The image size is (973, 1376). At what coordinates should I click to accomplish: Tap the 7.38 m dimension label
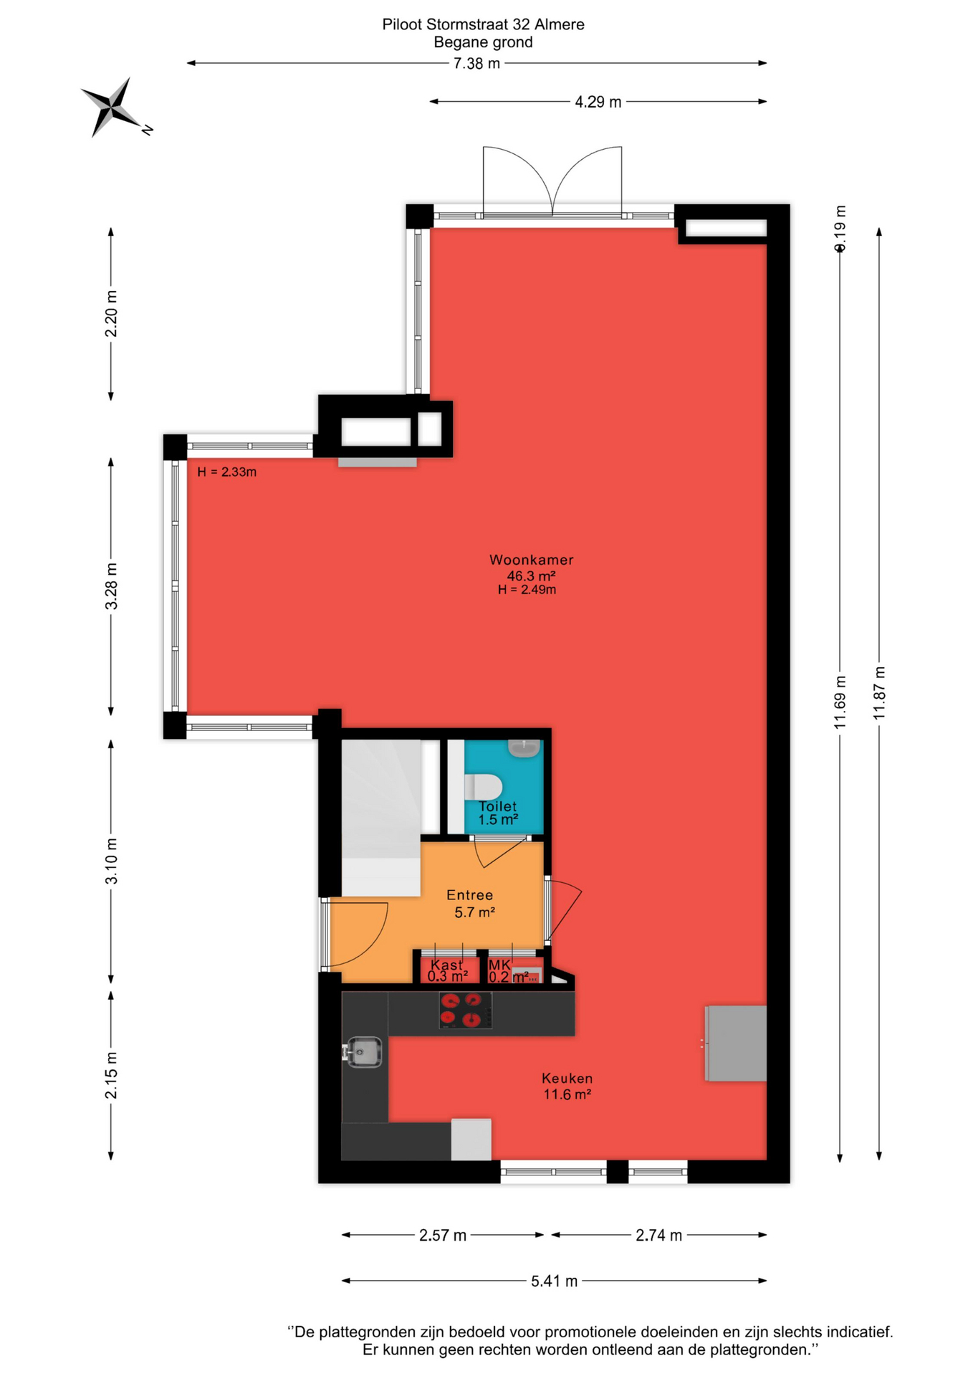point(476,64)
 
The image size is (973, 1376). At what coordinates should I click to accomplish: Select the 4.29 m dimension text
point(598,102)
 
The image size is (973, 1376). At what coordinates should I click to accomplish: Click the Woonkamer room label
point(531,560)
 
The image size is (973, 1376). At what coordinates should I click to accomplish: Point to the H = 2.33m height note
point(226,472)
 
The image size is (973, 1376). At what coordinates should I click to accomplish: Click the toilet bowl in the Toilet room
point(484,786)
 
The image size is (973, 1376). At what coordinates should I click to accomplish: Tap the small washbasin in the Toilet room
point(524,748)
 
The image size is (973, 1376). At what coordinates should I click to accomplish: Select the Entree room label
point(469,895)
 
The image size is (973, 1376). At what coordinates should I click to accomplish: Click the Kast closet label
point(446,965)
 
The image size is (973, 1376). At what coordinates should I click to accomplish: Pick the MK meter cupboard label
point(499,965)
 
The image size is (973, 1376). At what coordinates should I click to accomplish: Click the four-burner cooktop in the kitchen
point(465,1010)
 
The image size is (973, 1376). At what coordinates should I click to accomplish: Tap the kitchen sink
point(364,1052)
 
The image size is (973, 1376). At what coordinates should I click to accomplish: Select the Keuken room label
point(567,1079)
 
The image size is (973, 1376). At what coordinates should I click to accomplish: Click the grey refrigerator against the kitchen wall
point(735,1043)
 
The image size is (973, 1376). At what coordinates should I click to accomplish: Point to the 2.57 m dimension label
point(443,1236)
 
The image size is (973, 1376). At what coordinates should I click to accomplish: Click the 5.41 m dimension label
point(554,1281)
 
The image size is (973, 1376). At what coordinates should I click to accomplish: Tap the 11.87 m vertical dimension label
point(880,693)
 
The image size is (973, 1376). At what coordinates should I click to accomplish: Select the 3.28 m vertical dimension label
point(112,586)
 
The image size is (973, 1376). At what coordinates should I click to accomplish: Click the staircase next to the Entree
point(380,818)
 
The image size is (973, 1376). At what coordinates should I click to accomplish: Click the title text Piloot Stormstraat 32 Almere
point(483,24)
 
